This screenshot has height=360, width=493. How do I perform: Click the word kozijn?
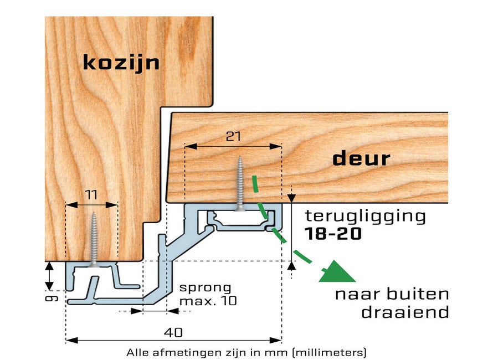[x=121, y=63]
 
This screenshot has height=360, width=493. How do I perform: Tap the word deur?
[x=361, y=159]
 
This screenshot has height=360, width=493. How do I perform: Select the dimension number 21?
[x=233, y=136]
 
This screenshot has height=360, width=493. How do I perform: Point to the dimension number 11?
[x=92, y=194]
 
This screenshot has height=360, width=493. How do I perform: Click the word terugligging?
[x=366, y=216]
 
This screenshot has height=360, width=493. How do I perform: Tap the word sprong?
[x=205, y=287]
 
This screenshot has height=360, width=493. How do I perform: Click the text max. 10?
[x=207, y=301]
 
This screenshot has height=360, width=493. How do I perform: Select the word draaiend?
[x=405, y=312]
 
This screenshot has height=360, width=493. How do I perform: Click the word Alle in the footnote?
[x=136, y=352]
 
